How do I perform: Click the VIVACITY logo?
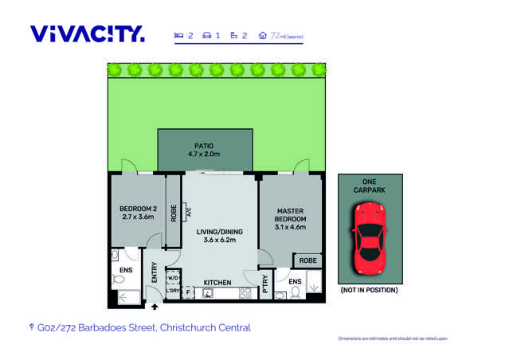click(x=88, y=34)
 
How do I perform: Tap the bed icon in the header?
click(x=179, y=36)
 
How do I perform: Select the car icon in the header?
click(x=206, y=36)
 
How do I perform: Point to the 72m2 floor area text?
click(x=286, y=36)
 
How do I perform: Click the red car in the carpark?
click(x=368, y=236)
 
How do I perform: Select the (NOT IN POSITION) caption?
click(x=368, y=291)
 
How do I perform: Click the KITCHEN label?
click(x=217, y=283)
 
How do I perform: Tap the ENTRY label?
click(x=155, y=272)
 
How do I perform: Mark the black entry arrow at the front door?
click(x=155, y=306)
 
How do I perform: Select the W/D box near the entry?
click(x=173, y=277)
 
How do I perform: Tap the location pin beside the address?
click(x=31, y=327)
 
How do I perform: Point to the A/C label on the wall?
click(x=186, y=212)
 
